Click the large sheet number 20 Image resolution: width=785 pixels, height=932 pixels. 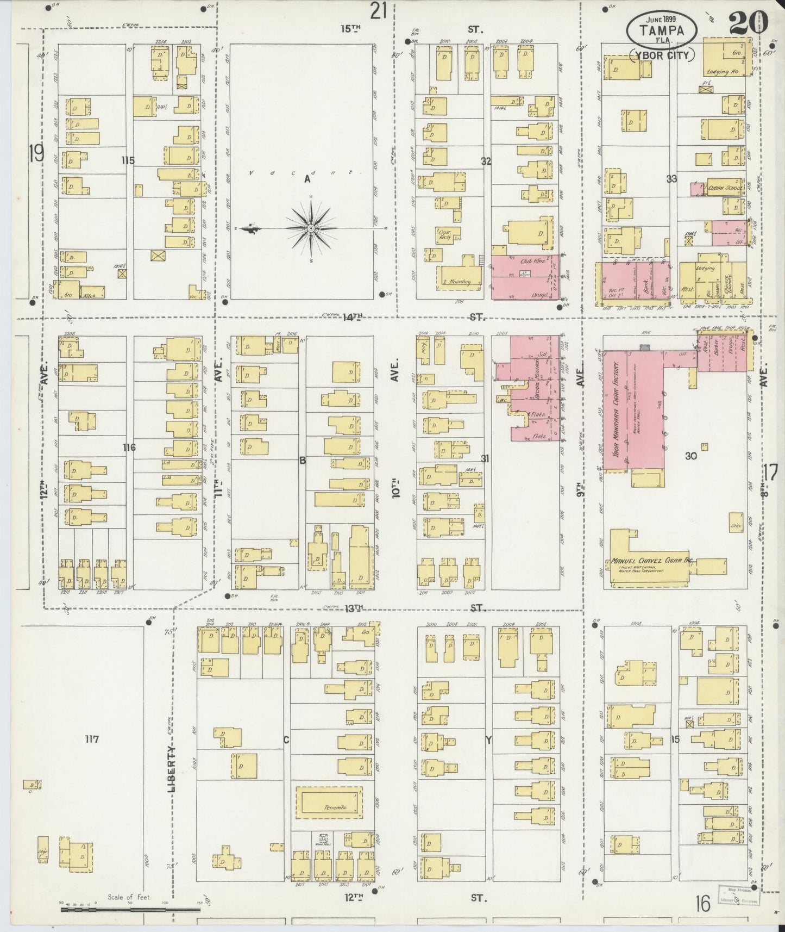pos(749,23)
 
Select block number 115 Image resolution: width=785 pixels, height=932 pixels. pos(128,160)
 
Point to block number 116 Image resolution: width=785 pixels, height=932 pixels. pos(129,448)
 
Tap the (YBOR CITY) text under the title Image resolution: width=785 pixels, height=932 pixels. pos(662,55)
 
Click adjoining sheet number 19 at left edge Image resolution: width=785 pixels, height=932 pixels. pos(36,153)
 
